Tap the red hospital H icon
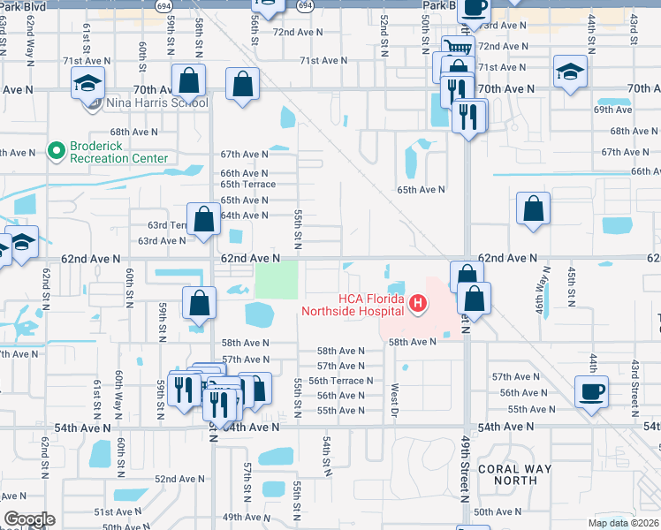click(418, 305)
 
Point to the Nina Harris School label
click(157, 103)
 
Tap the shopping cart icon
click(458, 48)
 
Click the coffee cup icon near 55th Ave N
click(590, 390)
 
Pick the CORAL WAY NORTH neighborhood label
click(514, 474)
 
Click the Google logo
click(29, 519)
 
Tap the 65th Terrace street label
click(247, 185)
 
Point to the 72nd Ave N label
click(298, 32)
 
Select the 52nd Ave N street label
click(180, 479)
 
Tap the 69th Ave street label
click(612, 110)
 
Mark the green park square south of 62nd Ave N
click(277, 281)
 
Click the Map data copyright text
click(623, 523)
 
